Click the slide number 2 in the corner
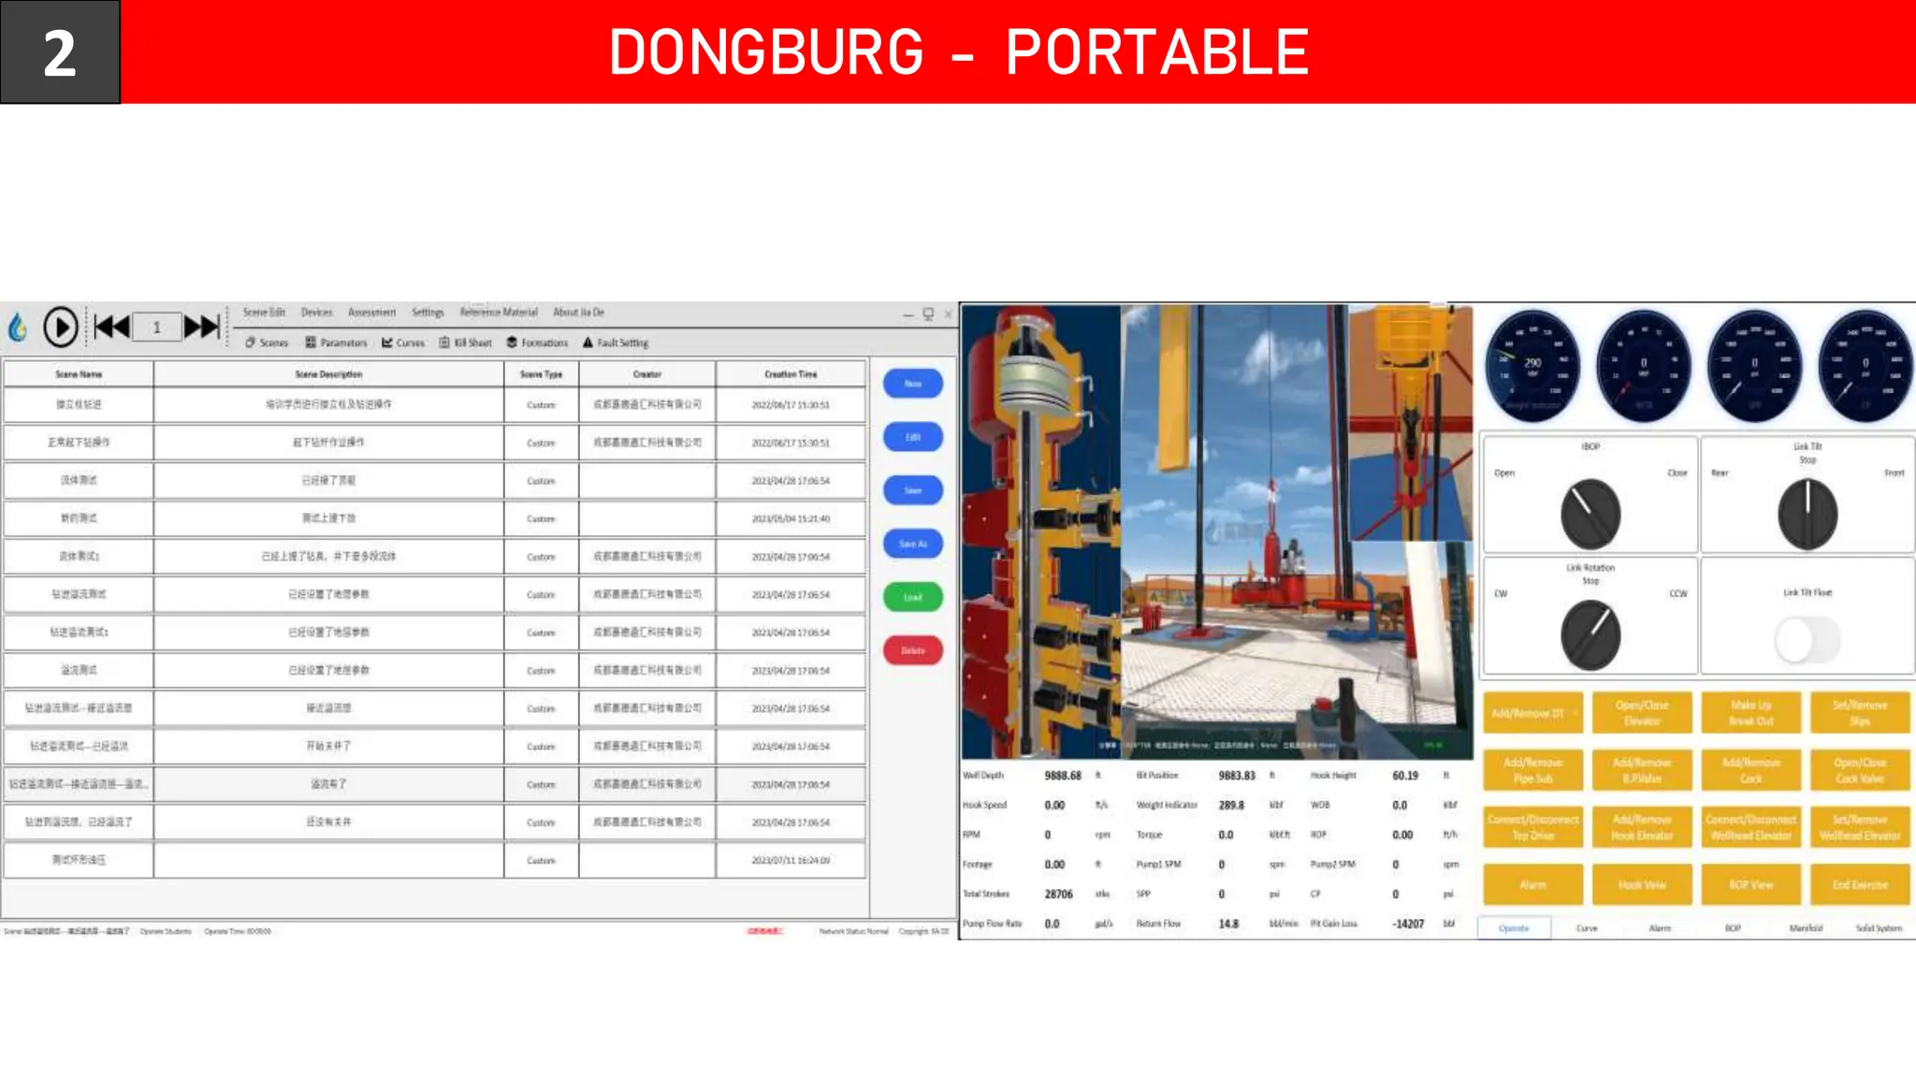coord(60,52)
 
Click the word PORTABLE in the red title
coord(1156,52)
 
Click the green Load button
coord(912,597)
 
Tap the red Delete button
coord(912,650)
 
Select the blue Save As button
coord(912,544)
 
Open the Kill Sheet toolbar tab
coord(466,343)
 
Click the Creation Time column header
coord(791,374)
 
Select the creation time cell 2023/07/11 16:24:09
coord(791,860)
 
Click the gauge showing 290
coord(1532,366)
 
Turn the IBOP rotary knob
coord(1589,514)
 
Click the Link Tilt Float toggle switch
coord(1807,641)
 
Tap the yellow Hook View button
coord(1642,884)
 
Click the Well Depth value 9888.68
coord(1063,776)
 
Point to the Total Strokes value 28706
coord(1059,895)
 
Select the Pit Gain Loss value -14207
coord(1408,924)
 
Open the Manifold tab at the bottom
coord(1806,928)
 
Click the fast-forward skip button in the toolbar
coord(201,327)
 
